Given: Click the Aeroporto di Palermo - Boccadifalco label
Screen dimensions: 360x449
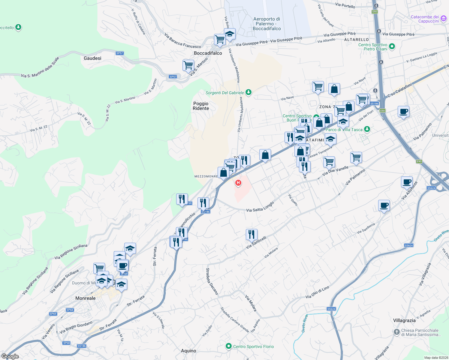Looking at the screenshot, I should (267, 24).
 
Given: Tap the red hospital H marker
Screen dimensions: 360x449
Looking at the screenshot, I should (238, 182).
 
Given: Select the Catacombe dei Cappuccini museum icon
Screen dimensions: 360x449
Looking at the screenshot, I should (444, 19).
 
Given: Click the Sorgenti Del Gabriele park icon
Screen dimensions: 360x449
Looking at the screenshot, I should (248, 92).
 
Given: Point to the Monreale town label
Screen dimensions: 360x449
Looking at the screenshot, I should (86, 298).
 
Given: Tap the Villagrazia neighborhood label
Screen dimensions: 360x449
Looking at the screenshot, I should (404, 320).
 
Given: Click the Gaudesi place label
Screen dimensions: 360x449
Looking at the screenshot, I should (92, 58).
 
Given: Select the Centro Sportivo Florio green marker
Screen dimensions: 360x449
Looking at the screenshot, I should (229, 346).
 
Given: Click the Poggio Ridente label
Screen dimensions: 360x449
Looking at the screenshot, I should (201, 106).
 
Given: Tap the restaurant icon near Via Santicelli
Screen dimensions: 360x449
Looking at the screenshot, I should (252, 234).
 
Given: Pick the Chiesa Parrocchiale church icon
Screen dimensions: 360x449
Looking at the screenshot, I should (397, 332).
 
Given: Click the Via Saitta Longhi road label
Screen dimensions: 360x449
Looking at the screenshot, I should (260, 206).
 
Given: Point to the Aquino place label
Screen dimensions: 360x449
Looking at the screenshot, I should (188, 351).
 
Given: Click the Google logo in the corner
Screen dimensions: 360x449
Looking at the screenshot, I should (10, 356).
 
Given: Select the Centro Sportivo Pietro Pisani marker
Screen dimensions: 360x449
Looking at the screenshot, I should (392, 46).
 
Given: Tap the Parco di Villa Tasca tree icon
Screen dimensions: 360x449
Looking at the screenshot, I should (367, 129).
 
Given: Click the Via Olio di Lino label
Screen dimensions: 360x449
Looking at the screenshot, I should (317, 292).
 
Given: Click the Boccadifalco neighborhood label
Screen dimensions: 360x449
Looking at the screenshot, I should (208, 53).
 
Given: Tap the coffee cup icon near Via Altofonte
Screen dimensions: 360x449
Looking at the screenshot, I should (407, 182).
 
